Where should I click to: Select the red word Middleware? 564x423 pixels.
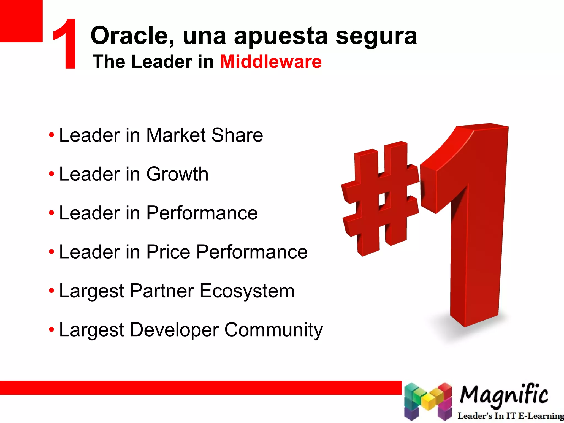pyautogui.click(x=271, y=61)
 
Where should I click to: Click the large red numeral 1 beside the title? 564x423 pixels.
pyautogui.click(x=66, y=44)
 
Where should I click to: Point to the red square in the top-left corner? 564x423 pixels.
pyautogui.click(x=21, y=21)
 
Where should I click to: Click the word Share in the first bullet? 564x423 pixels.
pyautogui.click(x=237, y=135)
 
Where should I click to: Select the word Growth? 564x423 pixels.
pyautogui.click(x=177, y=175)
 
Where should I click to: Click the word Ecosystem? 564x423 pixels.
pyautogui.click(x=247, y=291)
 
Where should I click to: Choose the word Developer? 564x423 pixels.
pyautogui.click(x=174, y=330)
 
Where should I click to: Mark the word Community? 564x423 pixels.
pyautogui.click(x=273, y=330)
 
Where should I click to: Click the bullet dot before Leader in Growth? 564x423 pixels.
pyautogui.click(x=51, y=174)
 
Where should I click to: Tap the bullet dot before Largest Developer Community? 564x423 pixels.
pyautogui.click(x=51, y=329)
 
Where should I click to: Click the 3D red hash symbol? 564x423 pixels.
pyautogui.click(x=380, y=198)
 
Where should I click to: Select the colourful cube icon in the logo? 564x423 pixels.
pyautogui.click(x=428, y=401)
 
